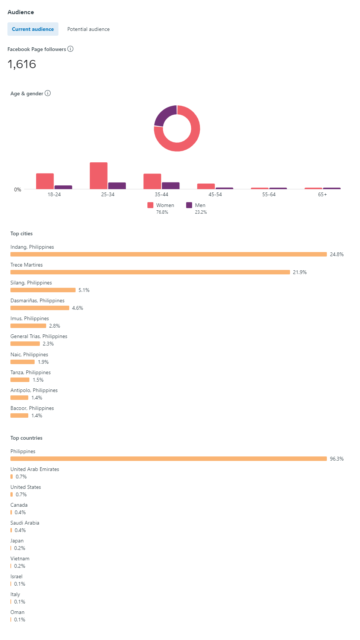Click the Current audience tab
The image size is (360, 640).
[x=33, y=29]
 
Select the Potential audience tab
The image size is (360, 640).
[x=88, y=29]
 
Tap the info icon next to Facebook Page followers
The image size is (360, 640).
[x=70, y=49]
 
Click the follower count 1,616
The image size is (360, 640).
[x=22, y=64]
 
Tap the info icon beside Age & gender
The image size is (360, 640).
[x=48, y=93]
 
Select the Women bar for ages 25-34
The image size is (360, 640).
[x=99, y=176]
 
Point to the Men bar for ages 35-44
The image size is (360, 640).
[x=171, y=185]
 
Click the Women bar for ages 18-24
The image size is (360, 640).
[x=45, y=181]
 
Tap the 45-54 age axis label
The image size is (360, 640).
[x=215, y=194]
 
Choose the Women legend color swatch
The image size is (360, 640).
[x=150, y=205]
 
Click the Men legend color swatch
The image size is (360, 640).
[x=189, y=205]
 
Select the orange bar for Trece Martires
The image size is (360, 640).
[x=150, y=272]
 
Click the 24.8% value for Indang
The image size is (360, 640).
[x=337, y=254]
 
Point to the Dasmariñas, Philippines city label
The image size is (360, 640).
[x=37, y=300]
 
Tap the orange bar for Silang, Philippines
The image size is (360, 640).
[x=43, y=290]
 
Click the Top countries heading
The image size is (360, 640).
[x=26, y=438]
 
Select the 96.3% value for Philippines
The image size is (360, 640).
[x=337, y=459]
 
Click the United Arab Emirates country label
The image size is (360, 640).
[x=35, y=469]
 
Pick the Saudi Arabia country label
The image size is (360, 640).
[x=25, y=523]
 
